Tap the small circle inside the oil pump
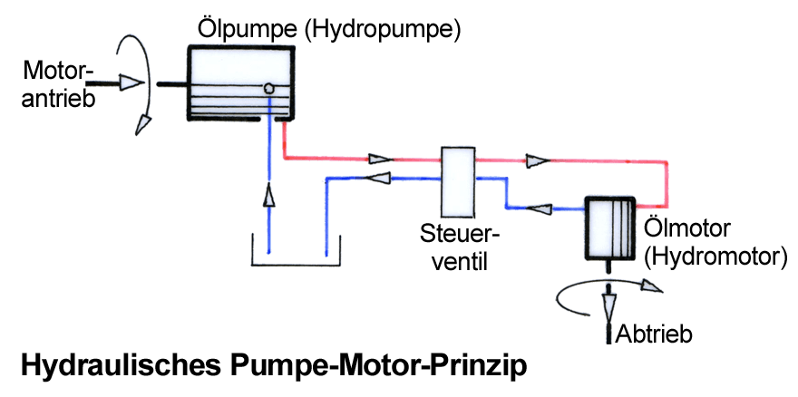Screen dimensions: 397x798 pyautogui.click(x=269, y=89)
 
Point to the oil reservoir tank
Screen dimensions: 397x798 pyautogui.click(x=295, y=257)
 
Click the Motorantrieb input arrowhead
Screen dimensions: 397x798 pyautogui.click(x=131, y=83)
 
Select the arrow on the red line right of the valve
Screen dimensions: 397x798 pyautogui.click(x=537, y=160)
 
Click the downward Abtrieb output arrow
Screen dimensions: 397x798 pyautogui.click(x=607, y=299)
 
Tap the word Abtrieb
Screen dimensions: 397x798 pyautogui.click(x=654, y=334)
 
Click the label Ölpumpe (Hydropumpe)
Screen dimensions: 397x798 pyautogui.click(x=329, y=30)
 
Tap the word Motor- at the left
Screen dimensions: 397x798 pyautogui.click(x=57, y=69)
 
